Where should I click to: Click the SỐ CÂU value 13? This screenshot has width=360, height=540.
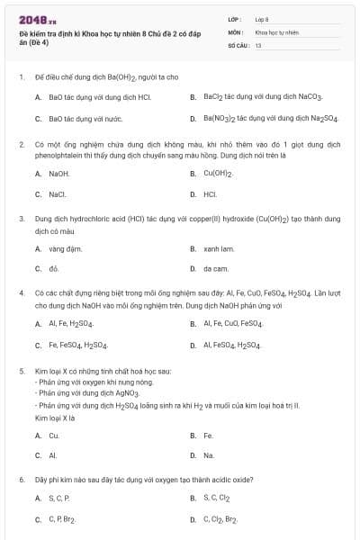click(x=258, y=44)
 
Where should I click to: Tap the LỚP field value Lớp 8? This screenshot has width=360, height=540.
click(x=262, y=18)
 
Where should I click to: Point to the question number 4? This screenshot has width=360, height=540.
click(x=21, y=293)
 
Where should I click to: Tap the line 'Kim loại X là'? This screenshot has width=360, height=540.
click(x=52, y=418)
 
